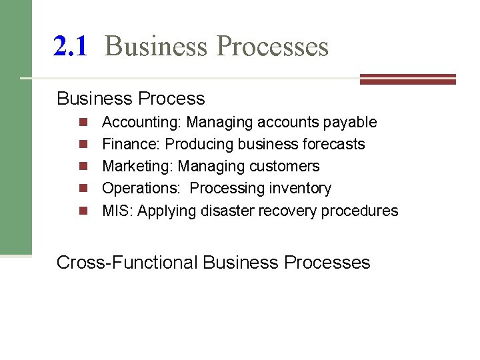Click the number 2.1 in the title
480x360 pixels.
70,46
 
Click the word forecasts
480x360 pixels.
333,144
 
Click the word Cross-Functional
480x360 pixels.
127,262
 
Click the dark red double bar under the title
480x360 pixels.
407,79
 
